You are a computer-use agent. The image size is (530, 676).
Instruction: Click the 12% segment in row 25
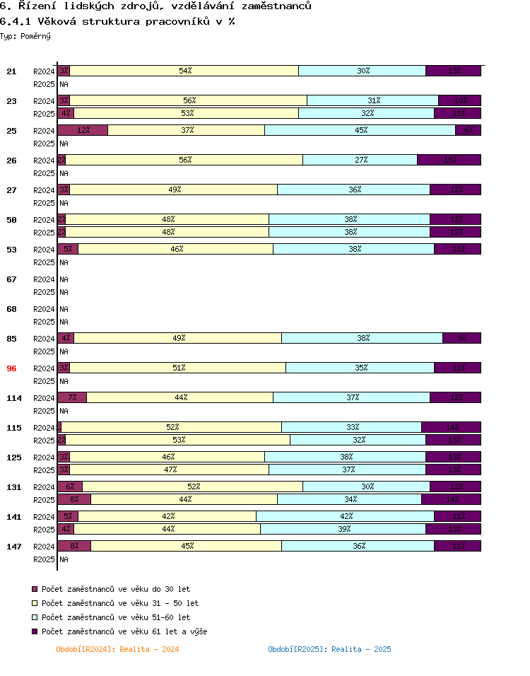(83, 130)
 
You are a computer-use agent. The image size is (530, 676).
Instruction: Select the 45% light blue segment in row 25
(360, 130)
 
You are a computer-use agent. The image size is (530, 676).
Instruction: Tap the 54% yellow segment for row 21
(184, 71)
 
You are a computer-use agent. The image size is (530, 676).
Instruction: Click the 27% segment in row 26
(360, 160)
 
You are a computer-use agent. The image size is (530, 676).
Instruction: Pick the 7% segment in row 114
(72, 397)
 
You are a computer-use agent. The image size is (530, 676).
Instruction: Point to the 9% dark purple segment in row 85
(462, 338)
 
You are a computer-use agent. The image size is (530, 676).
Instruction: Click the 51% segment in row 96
(177, 368)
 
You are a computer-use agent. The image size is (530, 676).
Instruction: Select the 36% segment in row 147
(358, 546)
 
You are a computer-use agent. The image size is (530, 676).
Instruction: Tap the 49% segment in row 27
(174, 190)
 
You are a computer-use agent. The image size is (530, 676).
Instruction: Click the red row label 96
(11, 368)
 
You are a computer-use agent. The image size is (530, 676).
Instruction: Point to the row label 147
(14, 547)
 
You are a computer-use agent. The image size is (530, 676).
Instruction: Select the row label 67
(11, 279)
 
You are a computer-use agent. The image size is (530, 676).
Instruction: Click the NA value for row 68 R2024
(64, 309)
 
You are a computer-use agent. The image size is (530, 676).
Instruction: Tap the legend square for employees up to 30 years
(35, 589)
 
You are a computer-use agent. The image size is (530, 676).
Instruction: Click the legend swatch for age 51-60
(35, 617)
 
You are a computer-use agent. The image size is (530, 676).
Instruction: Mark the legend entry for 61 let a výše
(124, 631)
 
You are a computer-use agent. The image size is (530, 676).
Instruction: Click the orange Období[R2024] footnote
(117, 649)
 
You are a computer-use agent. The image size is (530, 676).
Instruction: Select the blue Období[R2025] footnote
(329, 649)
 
